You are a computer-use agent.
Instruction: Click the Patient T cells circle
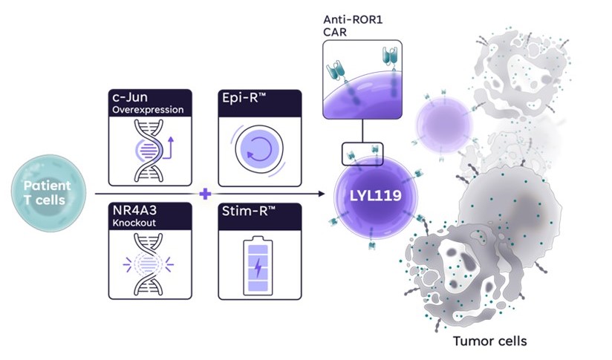coord(47,192)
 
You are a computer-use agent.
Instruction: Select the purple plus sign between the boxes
coord(206,194)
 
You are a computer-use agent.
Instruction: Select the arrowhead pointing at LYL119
coord(323,194)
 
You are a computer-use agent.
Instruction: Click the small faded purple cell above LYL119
coord(443,120)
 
